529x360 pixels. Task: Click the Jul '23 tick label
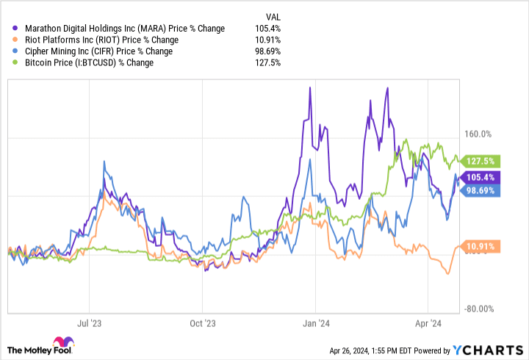pyautogui.click(x=89, y=323)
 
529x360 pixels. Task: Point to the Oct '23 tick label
pyautogui.click(x=201, y=323)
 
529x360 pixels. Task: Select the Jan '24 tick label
pyautogui.click(x=315, y=323)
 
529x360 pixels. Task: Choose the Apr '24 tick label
pyautogui.click(x=428, y=323)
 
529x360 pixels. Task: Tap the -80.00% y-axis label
pyautogui.click(x=481, y=310)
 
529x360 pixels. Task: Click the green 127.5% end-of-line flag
pyautogui.click(x=482, y=161)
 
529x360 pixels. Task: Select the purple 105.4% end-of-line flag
pyautogui.click(x=482, y=177)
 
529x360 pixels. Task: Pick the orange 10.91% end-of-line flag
pyautogui.click(x=482, y=245)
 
